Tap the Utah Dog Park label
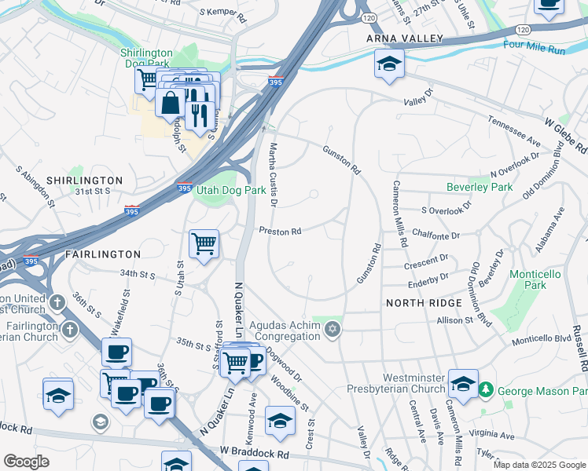(x=230, y=190)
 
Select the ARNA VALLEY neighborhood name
(x=404, y=38)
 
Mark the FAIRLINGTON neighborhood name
(x=102, y=254)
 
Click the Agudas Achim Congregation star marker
(x=333, y=328)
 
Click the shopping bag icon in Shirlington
(x=170, y=102)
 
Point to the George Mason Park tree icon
(x=486, y=389)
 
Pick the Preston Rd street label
(x=281, y=232)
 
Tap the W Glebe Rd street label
(x=566, y=134)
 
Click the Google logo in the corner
(x=26, y=462)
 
